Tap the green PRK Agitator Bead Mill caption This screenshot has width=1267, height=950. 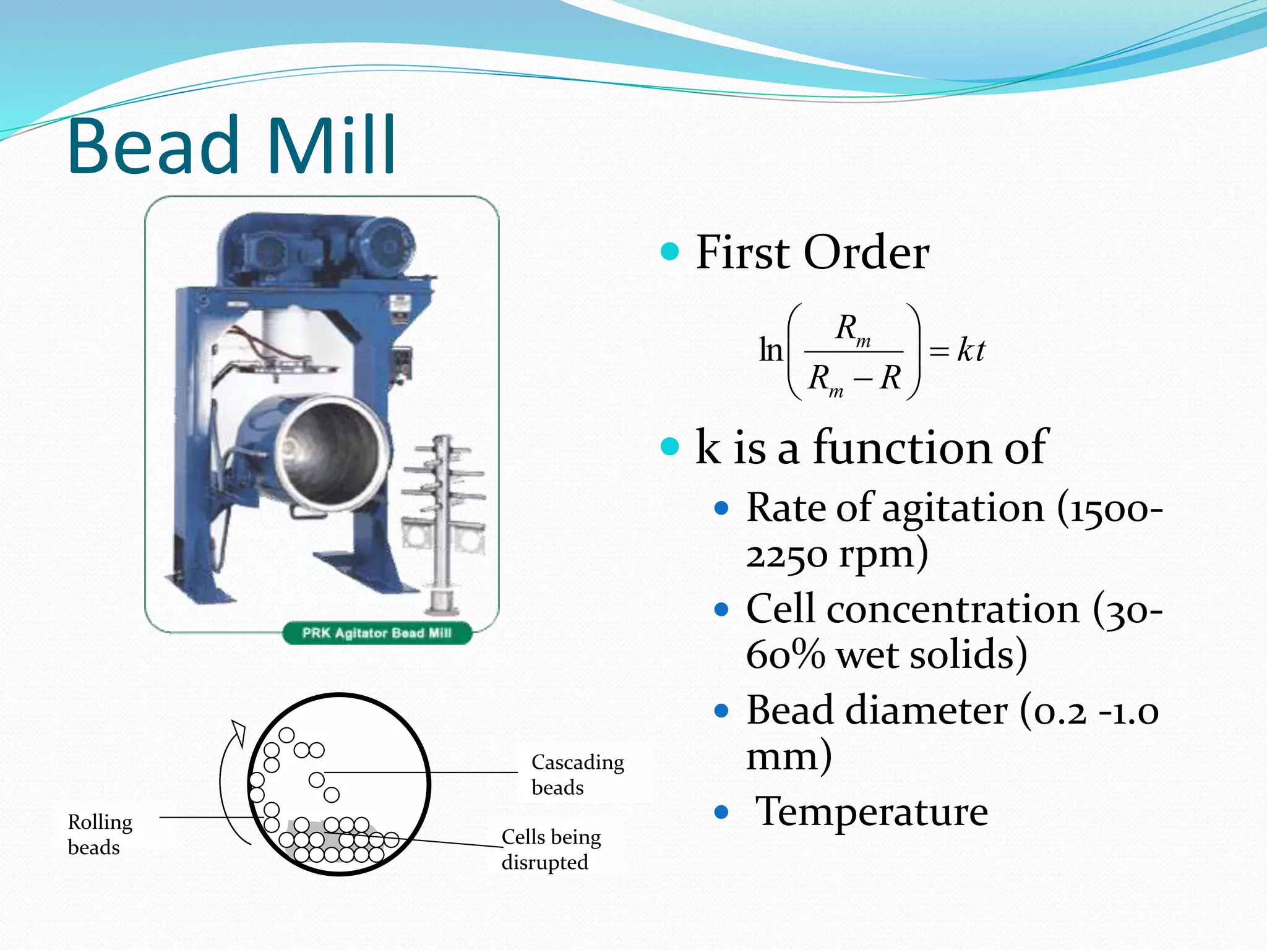tap(377, 633)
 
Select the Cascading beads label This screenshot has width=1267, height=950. tap(577, 774)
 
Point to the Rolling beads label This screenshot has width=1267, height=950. tap(100, 834)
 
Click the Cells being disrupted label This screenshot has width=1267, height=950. tap(551, 849)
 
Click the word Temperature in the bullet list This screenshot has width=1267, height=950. tap(872, 811)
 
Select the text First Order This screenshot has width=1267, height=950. tap(812, 252)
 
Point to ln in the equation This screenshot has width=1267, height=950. tap(771, 351)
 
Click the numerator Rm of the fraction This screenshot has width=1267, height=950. tap(852, 329)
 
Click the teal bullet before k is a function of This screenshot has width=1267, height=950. tap(669, 446)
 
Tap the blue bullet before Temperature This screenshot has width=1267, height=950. tap(721, 811)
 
